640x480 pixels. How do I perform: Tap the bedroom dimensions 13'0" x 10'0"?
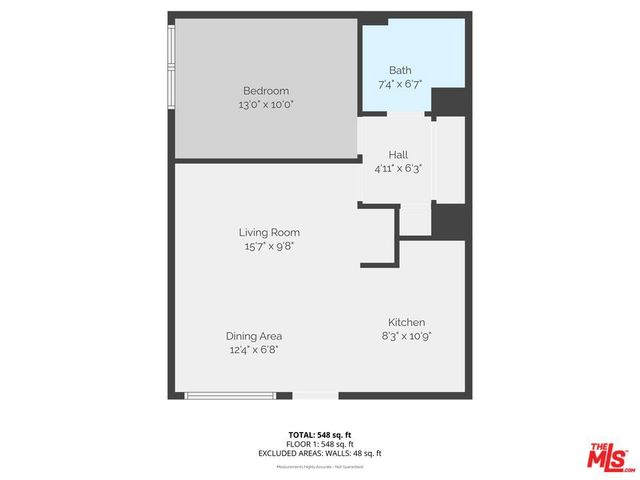pos(265,104)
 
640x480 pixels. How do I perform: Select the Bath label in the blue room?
pos(400,70)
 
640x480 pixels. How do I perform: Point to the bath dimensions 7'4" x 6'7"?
pos(400,83)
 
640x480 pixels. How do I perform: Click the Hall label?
pos(398,156)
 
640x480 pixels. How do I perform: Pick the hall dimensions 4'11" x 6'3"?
pos(398,169)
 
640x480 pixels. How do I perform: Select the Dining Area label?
pos(253,336)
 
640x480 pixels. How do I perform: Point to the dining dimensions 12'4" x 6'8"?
pos(253,349)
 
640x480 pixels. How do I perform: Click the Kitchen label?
pos(407,322)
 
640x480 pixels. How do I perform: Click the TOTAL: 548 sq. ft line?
pos(320,434)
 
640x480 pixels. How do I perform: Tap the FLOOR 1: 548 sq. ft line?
pos(320,443)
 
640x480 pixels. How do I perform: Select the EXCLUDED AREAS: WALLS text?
pos(320,453)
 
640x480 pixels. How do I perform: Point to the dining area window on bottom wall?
pos(230,396)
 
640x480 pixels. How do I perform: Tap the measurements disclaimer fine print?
pos(320,466)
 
